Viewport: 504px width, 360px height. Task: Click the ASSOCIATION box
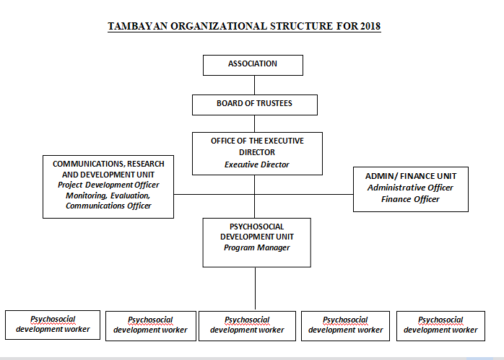pyautogui.click(x=253, y=65)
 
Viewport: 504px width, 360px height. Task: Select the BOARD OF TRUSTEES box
pyautogui.click(x=255, y=105)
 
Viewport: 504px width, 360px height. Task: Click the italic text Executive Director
pyautogui.click(x=257, y=164)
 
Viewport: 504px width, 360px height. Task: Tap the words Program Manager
pyautogui.click(x=257, y=247)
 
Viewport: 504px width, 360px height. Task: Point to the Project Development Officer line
pyautogui.click(x=108, y=185)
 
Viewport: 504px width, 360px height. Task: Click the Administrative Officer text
pyautogui.click(x=410, y=188)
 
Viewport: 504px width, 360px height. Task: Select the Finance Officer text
pyautogui.click(x=410, y=199)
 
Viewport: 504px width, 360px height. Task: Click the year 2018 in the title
pyautogui.click(x=370, y=26)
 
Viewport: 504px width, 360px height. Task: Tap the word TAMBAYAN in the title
pyautogui.click(x=138, y=26)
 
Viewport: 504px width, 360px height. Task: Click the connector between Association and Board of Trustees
pyautogui.click(x=255, y=85)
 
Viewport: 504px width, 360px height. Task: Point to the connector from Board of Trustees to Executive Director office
pyautogui.click(x=255, y=123)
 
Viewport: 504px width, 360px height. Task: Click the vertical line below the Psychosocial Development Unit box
pyautogui.click(x=255, y=289)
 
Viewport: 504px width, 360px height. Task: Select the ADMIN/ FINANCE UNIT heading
pyautogui.click(x=410, y=176)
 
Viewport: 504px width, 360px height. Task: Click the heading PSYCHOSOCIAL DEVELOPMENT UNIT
pyautogui.click(x=257, y=232)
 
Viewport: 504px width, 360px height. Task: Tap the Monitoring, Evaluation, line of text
pyautogui.click(x=108, y=196)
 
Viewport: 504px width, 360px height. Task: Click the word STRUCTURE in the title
pyautogui.click(x=301, y=26)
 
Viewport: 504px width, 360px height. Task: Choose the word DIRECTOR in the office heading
pyautogui.click(x=257, y=152)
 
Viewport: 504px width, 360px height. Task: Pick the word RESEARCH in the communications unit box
pyautogui.click(x=146, y=164)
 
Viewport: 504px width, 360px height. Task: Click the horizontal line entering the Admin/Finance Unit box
pyautogui.click(x=304, y=194)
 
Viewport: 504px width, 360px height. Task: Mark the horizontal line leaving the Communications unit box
pyautogui.click(x=214, y=194)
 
